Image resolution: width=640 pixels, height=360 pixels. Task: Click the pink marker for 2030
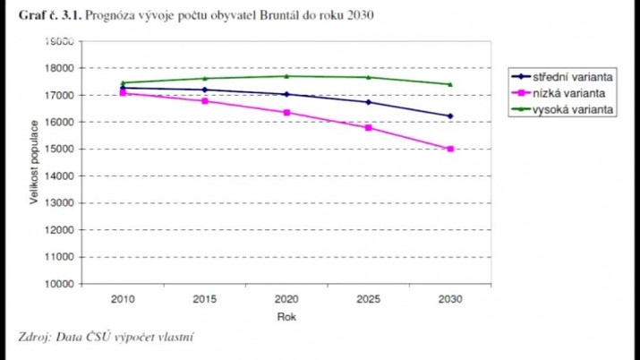450,149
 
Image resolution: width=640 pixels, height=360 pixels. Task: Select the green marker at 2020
286,76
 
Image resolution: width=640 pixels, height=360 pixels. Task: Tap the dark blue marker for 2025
369,102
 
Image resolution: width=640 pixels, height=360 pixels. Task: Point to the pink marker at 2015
205,101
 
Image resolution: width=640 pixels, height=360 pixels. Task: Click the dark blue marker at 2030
450,116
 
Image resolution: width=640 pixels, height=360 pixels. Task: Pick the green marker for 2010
123,82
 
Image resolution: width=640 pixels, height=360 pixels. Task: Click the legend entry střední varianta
573,76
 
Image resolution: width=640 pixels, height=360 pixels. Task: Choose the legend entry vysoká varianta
573,107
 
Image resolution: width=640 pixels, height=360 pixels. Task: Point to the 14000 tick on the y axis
59,176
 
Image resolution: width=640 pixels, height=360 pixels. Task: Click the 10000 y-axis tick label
59,284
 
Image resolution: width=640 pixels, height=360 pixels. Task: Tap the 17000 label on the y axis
59,95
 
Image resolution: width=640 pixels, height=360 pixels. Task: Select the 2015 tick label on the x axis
204,299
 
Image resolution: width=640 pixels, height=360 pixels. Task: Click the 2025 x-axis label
368,299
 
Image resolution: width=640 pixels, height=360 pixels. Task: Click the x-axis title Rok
286,315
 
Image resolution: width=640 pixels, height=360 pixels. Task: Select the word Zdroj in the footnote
34,338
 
